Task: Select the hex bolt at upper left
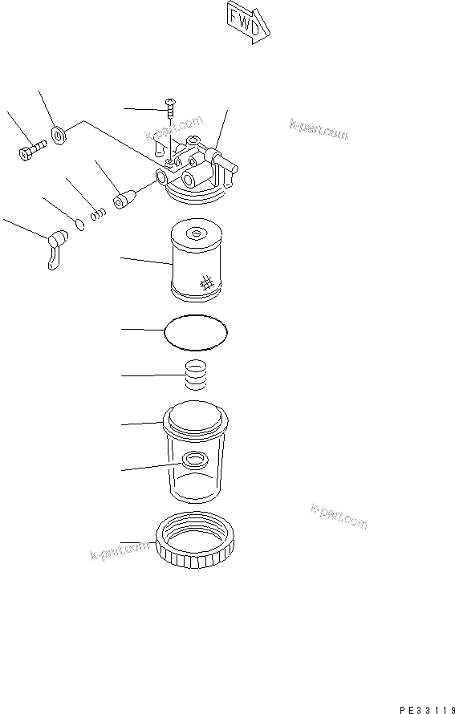30,149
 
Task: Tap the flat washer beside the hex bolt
59,134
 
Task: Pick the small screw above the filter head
171,104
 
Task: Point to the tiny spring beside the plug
98,213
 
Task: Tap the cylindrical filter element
194,265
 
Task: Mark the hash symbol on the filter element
206,282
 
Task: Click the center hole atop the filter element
195,233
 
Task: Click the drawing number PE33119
425,708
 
